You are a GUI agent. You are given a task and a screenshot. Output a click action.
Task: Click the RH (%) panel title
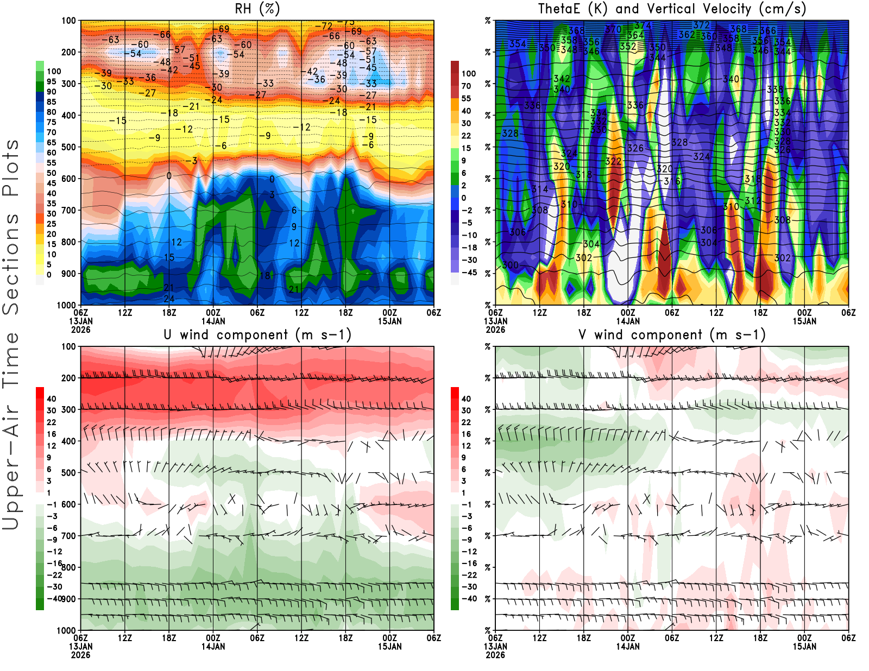tap(257, 9)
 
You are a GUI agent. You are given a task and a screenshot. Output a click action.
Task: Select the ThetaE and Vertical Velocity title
tap(672, 9)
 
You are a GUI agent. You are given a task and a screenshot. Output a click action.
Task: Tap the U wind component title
tap(257, 334)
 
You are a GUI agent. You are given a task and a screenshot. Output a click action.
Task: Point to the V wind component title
tap(672, 334)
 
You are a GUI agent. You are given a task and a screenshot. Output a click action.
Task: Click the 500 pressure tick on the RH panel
tap(69, 147)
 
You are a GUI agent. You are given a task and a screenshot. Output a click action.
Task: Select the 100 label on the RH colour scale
tap(54, 71)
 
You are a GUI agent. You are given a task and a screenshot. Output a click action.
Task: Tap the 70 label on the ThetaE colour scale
tap(466, 86)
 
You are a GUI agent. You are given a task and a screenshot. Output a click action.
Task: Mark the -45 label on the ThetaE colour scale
tap(469, 273)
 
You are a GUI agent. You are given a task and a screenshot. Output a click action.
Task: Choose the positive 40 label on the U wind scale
tap(51, 398)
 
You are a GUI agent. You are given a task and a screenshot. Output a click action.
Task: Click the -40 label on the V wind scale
tap(469, 599)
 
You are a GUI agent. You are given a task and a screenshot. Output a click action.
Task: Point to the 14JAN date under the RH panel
tap(213, 321)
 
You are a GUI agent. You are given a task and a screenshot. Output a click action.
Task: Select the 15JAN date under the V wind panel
tap(804, 647)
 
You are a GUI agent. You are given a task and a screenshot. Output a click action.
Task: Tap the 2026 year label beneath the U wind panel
tap(81, 655)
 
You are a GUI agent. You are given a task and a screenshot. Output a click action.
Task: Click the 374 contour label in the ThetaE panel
tap(643, 26)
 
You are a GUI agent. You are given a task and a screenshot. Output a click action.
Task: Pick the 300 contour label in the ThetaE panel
tap(510, 265)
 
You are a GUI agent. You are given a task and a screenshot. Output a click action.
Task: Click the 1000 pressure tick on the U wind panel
tap(67, 631)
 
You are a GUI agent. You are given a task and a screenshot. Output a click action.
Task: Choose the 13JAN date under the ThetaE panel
tap(495, 321)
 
